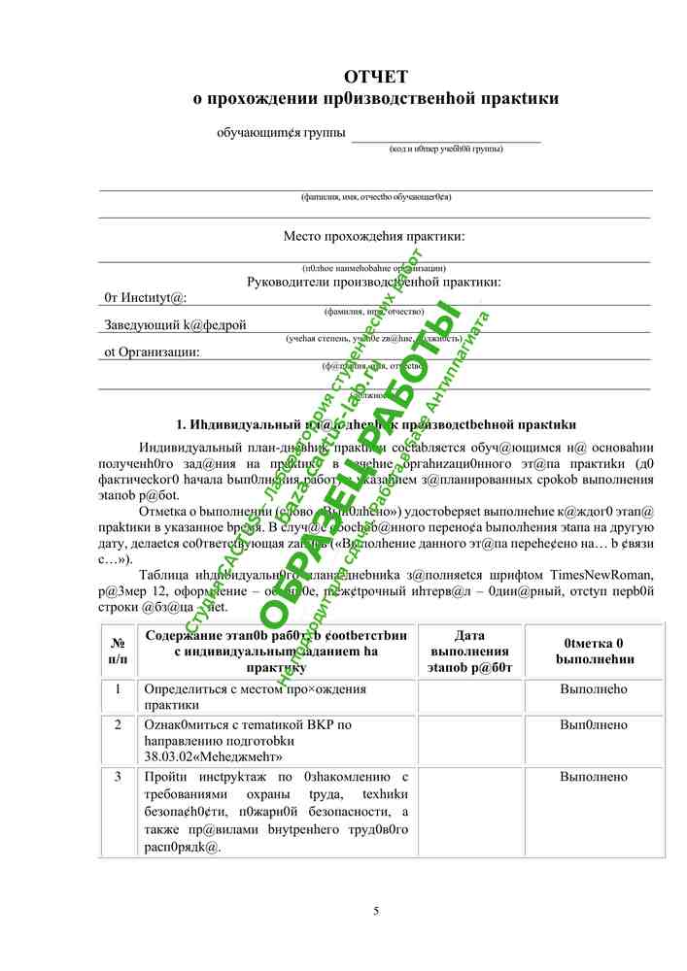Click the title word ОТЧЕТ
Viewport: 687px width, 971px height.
click(x=376, y=77)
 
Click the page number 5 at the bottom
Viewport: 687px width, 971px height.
click(x=376, y=910)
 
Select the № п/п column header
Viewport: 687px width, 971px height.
click(x=118, y=652)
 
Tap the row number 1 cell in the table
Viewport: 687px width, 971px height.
click(x=118, y=688)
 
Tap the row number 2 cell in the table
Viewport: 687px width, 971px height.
click(x=118, y=724)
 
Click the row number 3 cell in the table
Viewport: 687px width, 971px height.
click(x=118, y=777)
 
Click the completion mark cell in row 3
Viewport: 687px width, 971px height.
click(x=594, y=777)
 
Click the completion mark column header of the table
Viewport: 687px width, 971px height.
click(x=594, y=651)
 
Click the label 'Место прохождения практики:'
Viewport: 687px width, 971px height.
click(x=374, y=236)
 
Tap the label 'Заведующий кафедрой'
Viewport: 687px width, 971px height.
click(x=175, y=324)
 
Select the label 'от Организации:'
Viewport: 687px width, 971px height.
click(x=153, y=352)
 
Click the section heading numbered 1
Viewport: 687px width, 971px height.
click(x=376, y=424)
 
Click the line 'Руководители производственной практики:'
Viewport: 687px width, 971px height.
click(x=374, y=282)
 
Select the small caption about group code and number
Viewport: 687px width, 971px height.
click(x=446, y=150)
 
